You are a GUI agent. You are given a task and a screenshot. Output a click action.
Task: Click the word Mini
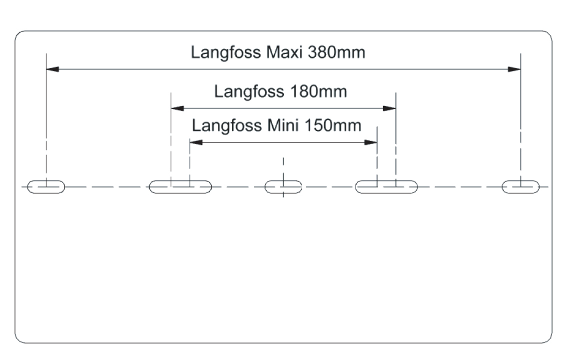tap(283, 125)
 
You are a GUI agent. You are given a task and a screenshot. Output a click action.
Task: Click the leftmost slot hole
tap(46, 187)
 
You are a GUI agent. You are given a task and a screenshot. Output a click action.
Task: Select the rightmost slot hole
tap(521, 187)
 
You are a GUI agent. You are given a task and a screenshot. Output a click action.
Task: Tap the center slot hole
tap(283, 187)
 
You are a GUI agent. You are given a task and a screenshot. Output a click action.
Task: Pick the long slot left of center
tap(180, 187)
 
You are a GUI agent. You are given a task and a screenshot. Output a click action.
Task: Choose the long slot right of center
tap(386, 187)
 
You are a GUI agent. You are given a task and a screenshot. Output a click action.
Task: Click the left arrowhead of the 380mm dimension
tap(53, 69)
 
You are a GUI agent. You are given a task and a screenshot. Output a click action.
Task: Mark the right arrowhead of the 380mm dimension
tap(514, 69)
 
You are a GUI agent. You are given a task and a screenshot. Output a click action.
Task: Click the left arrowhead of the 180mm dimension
tap(177, 108)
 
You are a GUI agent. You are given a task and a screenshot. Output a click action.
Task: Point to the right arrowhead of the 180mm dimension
tap(389, 108)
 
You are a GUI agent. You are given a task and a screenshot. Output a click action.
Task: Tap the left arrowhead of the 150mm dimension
tap(196, 142)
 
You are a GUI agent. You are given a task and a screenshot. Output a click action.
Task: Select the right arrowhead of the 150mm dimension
tap(371, 142)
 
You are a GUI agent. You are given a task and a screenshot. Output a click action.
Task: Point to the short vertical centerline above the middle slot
tap(283, 166)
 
